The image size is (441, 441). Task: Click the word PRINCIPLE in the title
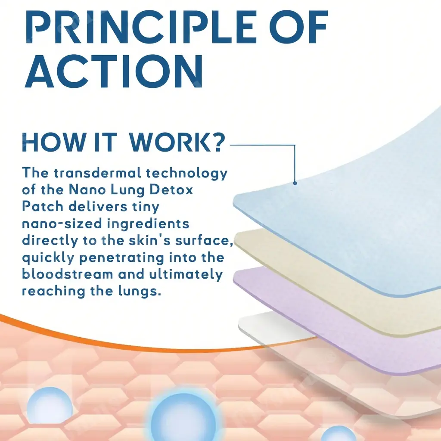[141, 27]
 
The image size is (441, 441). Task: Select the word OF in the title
[300, 27]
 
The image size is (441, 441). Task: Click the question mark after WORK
[217, 143]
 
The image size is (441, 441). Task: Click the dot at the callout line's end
[295, 183]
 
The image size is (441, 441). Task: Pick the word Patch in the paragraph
[43, 206]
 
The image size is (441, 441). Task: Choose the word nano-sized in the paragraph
[62, 224]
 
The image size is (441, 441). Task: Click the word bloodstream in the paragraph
[67, 274]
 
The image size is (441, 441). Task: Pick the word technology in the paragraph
[186, 173]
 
